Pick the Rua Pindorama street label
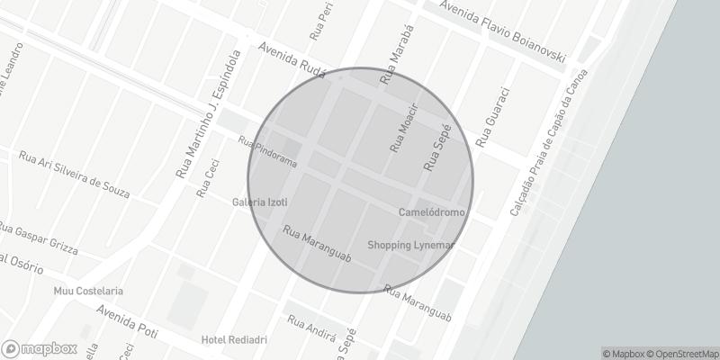pos(267,151)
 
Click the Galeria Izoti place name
pos(259,202)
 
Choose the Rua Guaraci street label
pos(493,117)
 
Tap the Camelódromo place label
pos(432,211)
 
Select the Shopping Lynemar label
pos(413,245)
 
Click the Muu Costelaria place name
pos(88,292)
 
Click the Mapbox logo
pos(40,348)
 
